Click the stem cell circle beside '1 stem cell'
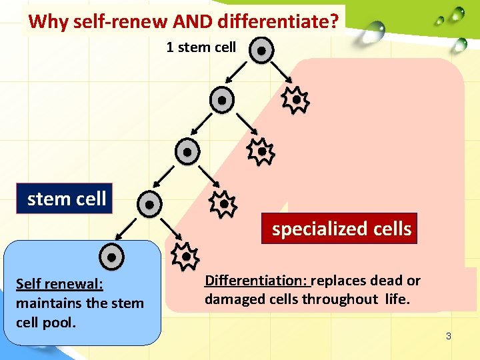(262, 50)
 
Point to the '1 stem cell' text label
(201, 47)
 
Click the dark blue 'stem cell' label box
(66, 199)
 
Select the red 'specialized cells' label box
(341, 229)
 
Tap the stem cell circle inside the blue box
(112, 257)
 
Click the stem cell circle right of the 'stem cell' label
(150, 203)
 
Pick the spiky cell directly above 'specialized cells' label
(223, 204)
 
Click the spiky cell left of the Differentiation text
(185, 256)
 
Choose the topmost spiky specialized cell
(295, 100)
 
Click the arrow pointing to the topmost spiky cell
(279, 77)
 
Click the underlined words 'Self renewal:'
(59, 284)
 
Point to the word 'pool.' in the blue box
(59, 323)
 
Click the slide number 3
(449, 336)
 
